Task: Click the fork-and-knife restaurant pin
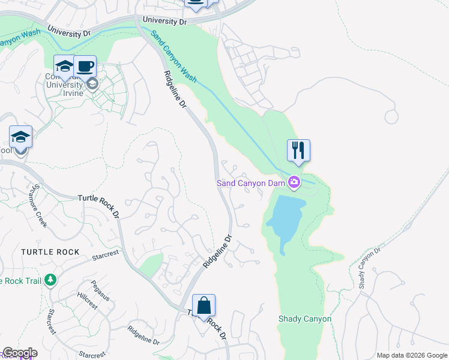(x=298, y=150)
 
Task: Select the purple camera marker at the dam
(x=294, y=182)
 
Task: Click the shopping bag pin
(x=203, y=305)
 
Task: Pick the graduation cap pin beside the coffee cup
(x=64, y=66)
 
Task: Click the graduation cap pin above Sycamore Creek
(x=20, y=137)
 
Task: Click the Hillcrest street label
(x=87, y=300)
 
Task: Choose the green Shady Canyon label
(x=304, y=319)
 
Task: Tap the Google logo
(x=19, y=353)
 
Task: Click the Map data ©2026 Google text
(x=412, y=355)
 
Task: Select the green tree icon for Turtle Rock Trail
(x=50, y=280)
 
